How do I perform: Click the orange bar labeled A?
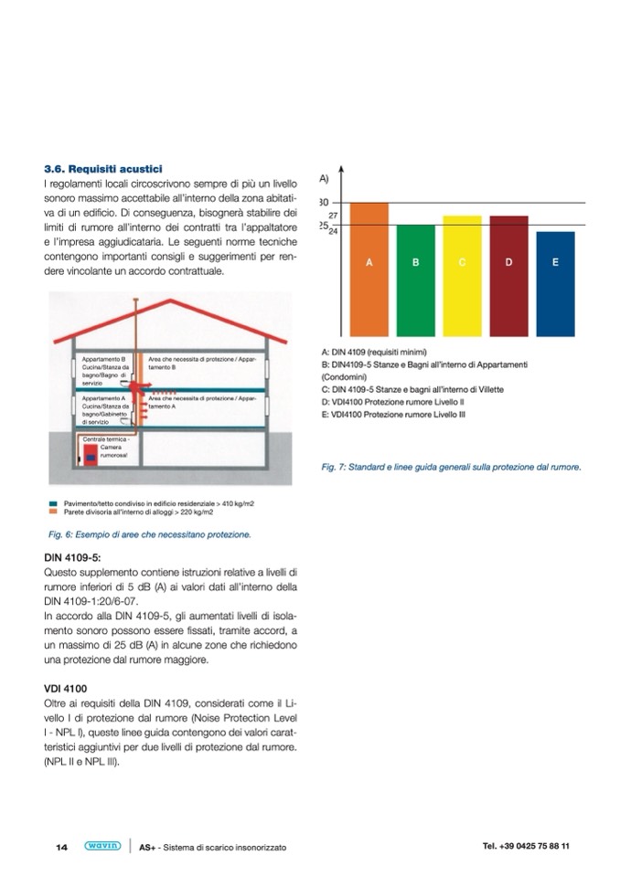point(369,269)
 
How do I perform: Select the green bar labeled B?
point(415,280)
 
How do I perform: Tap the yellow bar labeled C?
point(462,275)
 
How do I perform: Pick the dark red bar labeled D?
point(508,275)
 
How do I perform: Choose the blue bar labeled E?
point(555,283)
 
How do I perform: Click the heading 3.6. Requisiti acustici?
point(103,169)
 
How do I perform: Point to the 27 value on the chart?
point(334,214)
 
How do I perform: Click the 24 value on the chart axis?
point(334,231)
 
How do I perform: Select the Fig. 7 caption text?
point(452,467)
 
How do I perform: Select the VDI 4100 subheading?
point(67,688)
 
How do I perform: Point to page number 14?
point(62,847)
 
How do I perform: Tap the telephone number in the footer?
point(526,846)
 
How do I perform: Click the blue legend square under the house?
point(55,503)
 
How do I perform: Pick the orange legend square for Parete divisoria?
point(55,512)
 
